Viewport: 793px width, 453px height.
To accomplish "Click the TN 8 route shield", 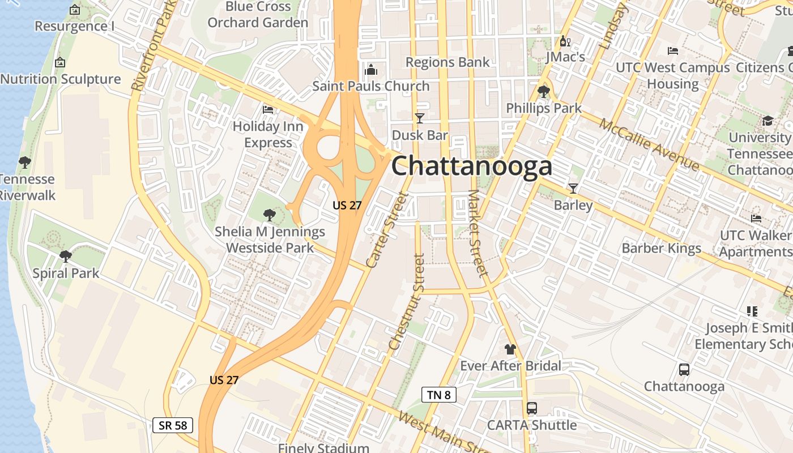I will [439, 395].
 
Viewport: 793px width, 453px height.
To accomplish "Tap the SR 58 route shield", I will [173, 425].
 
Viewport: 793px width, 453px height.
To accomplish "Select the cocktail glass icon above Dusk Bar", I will [420, 118].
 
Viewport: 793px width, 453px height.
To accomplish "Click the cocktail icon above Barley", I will [573, 189].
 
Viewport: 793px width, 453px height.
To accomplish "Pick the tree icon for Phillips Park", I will [544, 91].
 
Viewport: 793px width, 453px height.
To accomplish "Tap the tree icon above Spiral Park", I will [66, 256].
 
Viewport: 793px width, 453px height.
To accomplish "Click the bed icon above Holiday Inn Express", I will [268, 109].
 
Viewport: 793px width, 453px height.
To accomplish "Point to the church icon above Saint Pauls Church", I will [371, 69].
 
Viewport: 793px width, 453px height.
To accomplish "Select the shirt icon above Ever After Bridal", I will [510, 349].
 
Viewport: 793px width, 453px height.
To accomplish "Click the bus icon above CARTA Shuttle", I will [531, 408].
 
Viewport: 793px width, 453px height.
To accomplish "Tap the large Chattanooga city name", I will [472, 166].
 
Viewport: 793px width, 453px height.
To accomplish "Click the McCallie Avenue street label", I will [649, 144].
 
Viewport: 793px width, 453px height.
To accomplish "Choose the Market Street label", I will [478, 233].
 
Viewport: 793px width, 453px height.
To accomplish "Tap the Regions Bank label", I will [447, 62].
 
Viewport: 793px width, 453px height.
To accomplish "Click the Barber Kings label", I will [661, 247].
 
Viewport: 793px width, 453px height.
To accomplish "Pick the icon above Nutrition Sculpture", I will [60, 62].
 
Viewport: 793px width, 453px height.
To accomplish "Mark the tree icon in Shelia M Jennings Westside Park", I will [269, 215].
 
